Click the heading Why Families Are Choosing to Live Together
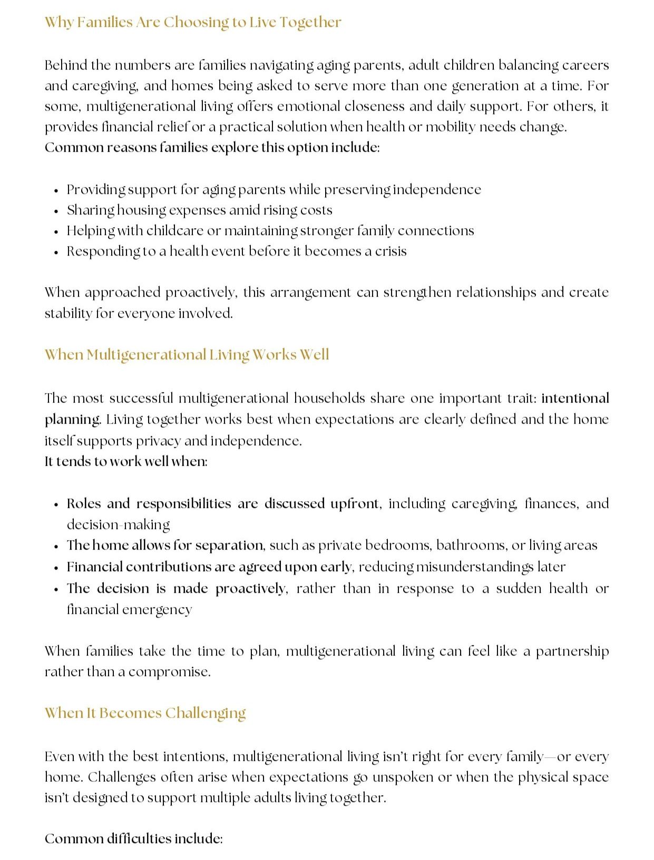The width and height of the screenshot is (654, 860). click(193, 22)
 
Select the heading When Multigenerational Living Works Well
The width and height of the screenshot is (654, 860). click(187, 355)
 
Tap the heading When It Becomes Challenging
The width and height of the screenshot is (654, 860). click(145, 713)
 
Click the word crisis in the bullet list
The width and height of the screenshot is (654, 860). click(391, 251)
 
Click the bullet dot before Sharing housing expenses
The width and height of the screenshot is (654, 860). click(56, 211)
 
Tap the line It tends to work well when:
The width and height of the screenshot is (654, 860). click(126, 462)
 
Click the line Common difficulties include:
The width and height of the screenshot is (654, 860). click(134, 838)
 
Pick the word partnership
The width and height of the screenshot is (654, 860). click(572, 651)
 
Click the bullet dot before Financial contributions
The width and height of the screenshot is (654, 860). click(56, 568)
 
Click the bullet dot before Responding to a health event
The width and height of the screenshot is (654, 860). click(56, 252)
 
